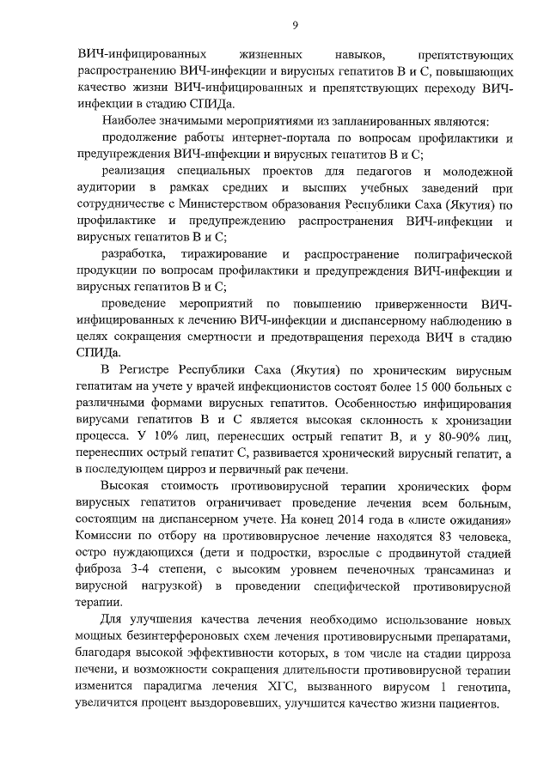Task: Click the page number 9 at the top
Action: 295,24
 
